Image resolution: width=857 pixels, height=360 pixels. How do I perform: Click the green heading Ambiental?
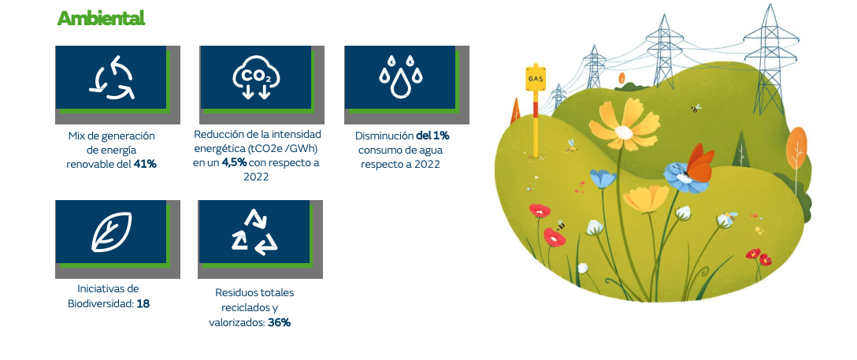[101, 18]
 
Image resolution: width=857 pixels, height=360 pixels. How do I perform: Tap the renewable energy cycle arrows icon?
[112, 77]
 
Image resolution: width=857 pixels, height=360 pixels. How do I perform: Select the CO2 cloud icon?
[256, 77]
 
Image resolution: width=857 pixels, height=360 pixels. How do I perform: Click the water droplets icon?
[401, 76]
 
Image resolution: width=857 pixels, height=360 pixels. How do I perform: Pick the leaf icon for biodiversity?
[112, 232]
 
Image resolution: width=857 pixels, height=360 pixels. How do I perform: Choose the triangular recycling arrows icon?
[254, 232]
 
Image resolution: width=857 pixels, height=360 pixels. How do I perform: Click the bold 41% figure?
[146, 164]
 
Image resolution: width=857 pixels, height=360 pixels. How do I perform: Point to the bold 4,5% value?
[234, 163]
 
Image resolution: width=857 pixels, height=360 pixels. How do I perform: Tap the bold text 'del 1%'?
[433, 135]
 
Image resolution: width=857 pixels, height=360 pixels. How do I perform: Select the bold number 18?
[143, 304]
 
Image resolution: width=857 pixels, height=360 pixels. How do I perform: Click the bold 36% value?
[280, 323]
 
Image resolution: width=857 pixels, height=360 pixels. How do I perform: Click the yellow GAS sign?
[535, 78]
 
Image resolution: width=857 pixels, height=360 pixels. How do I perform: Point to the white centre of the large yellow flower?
[624, 132]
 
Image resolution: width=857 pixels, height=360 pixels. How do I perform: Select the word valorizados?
[237, 323]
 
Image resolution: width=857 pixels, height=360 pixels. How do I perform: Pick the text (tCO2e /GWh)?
[284, 149]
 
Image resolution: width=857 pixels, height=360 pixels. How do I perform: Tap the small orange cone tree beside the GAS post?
[515, 111]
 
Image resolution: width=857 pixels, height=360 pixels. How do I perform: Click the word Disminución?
[384, 135]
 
